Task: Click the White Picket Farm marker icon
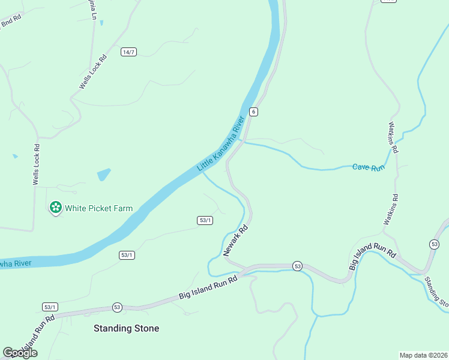point(56,208)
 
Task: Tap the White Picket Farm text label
point(98,209)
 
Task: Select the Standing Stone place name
point(127,328)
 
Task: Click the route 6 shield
point(254,112)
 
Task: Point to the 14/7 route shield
point(128,52)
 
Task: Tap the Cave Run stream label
point(368,168)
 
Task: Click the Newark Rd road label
point(235,241)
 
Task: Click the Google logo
point(20,353)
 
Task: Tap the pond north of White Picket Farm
point(104,175)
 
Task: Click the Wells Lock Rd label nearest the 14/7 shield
point(93,72)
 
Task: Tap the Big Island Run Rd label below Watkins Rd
point(372,256)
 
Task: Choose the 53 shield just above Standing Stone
point(116,307)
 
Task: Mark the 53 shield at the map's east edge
point(434,244)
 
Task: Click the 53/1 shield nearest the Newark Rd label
point(205,220)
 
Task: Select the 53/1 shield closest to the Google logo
point(50,307)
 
